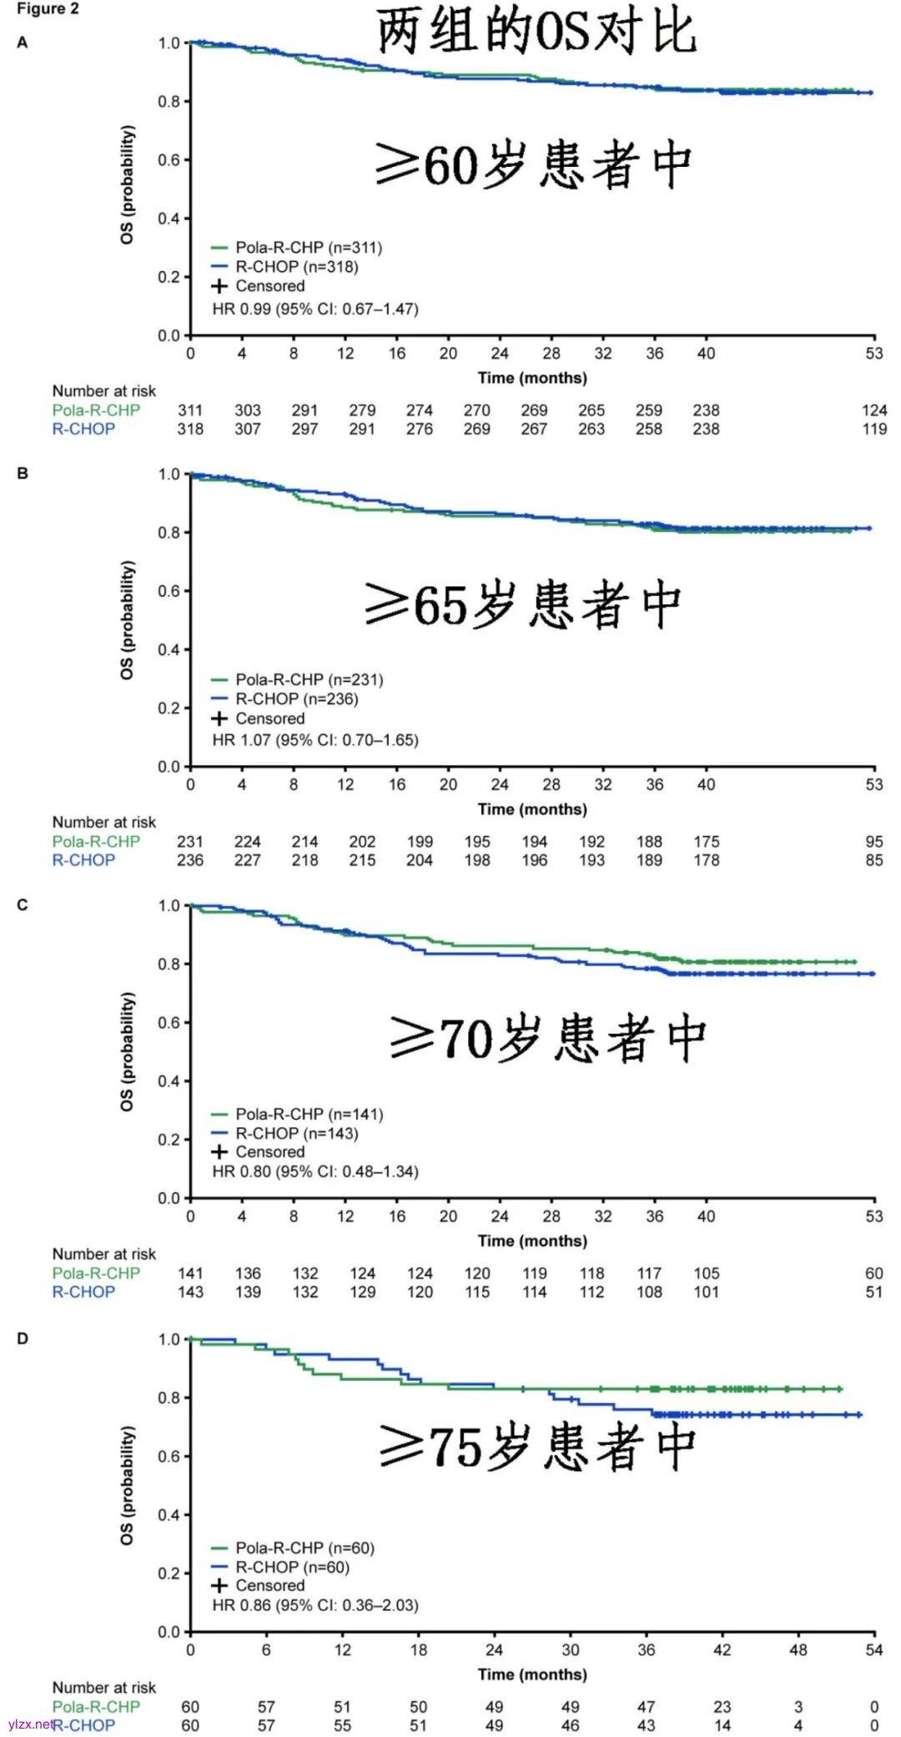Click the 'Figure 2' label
(x=48, y=9)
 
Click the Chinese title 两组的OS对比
(x=536, y=33)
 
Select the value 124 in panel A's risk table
(x=873, y=410)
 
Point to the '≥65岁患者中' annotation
(x=523, y=605)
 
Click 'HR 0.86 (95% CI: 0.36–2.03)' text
(x=315, y=1604)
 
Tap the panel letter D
(x=23, y=1338)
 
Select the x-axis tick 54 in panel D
(x=873, y=1649)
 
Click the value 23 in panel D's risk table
(x=722, y=1706)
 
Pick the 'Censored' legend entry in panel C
(x=269, y=1151)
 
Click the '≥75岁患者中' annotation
(x=537, y=1447)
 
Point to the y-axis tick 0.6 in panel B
(x=169, y=591)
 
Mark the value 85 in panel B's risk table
(x=873, y=860)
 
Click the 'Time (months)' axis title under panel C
(x=532, y=1241)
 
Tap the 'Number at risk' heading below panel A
(x=103, y=390)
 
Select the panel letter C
(x=23, y=904)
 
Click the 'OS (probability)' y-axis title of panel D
(x=127, y=1484)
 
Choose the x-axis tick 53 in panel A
(x=873, y=353)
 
